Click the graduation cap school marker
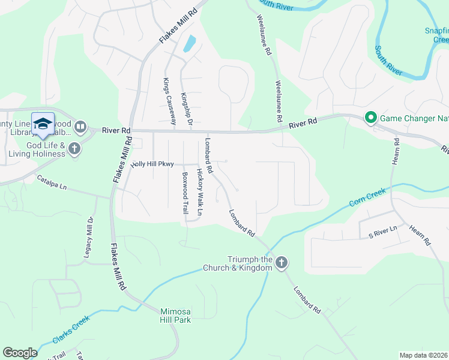[43, 124]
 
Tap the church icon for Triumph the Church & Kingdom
[282, 262]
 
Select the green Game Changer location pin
[370, 118]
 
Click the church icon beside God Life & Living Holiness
[74, 148]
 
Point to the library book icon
[81, 127]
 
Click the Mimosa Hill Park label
[176, 316]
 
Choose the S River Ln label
[383, 230]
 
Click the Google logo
[20, 353]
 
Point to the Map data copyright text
[423, 355]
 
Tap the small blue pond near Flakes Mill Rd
[190, 44]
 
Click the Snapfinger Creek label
[436, 35]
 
